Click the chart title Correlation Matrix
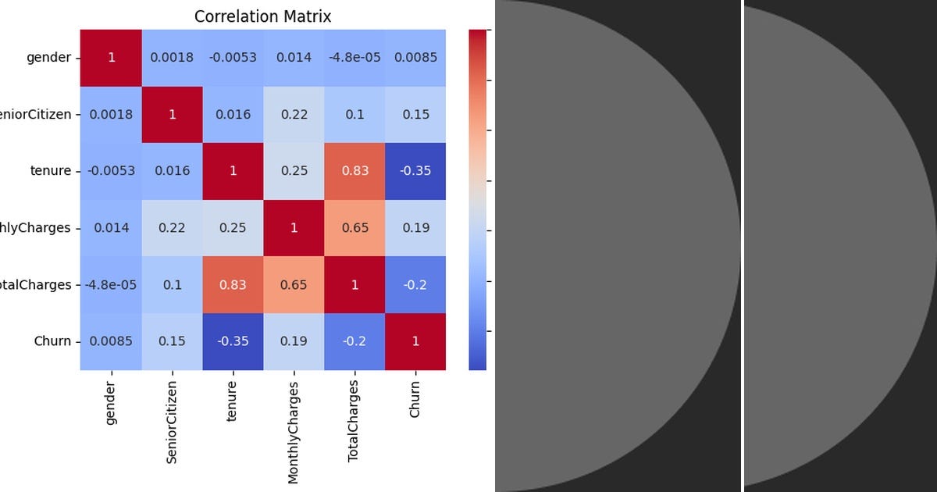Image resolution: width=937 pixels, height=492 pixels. click(262, 16)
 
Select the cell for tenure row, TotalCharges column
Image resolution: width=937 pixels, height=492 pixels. click(354, 171)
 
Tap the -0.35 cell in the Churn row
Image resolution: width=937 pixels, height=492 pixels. click(233, 341)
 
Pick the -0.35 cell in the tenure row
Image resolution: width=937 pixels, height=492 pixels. click(415, 171)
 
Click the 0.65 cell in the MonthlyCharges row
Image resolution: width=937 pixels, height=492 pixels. click(354, 228)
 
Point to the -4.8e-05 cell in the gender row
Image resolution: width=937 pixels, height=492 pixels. click(354, 58)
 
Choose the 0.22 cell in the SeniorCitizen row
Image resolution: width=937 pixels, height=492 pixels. click(294, 115)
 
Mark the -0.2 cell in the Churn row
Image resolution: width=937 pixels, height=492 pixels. click(354, 341)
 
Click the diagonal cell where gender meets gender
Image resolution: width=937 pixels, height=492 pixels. click(111, 58)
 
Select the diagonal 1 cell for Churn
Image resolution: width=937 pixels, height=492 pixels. click(415, 341)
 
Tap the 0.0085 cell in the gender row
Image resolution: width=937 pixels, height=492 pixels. click(415, 58)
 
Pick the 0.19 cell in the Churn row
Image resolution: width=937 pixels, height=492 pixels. click(294, 341)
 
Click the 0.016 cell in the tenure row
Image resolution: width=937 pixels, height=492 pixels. click(172, 171)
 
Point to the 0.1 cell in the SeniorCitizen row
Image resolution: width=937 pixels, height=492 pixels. click(354, 115)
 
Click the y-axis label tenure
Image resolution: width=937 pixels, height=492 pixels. click(51, 171)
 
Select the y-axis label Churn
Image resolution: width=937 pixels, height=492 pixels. click(52, 341)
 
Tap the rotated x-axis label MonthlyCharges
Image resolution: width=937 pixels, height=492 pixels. click(294, 432)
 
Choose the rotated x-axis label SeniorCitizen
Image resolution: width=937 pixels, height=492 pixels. click(172, 422)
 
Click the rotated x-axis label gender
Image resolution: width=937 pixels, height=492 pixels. click(111, 403)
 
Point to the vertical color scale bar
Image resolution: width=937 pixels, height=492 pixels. click(477, 199)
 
